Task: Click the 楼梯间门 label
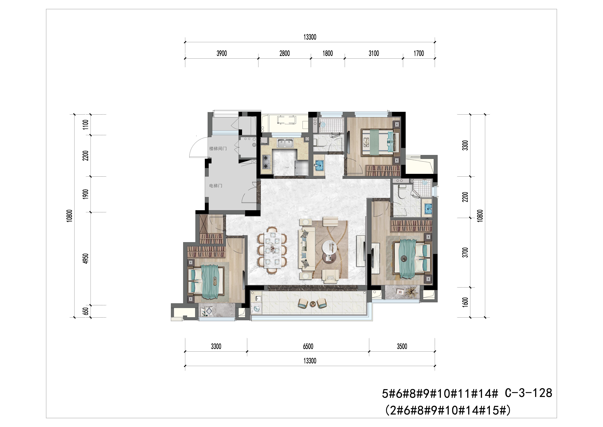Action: point(218,149)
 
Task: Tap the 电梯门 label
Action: point(216,186)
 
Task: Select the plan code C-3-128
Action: point(528,393)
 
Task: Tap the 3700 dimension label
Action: point(465,252)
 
